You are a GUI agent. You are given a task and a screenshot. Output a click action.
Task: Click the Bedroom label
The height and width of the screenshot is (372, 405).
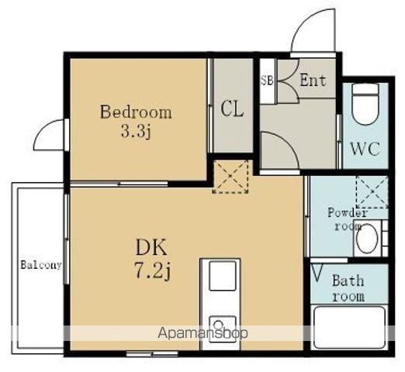click(136, 112)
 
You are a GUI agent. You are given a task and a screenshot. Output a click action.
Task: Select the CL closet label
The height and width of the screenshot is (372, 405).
click(232, 109)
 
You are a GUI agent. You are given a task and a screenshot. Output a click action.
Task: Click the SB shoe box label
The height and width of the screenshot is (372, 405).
click(267, 80)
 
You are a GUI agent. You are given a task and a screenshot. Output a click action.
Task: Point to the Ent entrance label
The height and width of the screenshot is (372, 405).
click(313, 80)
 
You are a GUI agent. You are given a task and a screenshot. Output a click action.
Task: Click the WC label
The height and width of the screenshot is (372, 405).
click(365, 149)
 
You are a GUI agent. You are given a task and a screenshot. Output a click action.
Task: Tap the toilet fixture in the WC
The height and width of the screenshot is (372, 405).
click(365, 104)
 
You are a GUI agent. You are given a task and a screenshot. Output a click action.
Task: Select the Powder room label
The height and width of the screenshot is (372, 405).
click(348, 219)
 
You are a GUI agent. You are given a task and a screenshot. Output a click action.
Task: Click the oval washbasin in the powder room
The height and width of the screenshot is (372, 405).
click(367, 238)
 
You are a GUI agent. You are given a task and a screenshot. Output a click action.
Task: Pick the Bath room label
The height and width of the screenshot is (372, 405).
click(348, 288)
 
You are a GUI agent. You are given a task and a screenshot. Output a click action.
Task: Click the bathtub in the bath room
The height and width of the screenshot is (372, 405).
click(349, 328)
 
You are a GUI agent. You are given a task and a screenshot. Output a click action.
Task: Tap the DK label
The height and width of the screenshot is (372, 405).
click(151, 247)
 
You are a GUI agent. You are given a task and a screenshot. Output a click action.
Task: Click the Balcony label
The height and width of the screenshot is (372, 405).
click(41, 265)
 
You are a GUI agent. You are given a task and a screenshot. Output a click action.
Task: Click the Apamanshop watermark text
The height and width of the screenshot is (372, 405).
click(202, 333)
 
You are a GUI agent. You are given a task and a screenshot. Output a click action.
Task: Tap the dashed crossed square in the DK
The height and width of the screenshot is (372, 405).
click(230, 177)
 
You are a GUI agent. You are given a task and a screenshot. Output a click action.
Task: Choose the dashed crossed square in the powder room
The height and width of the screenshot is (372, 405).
click(372, 191)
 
